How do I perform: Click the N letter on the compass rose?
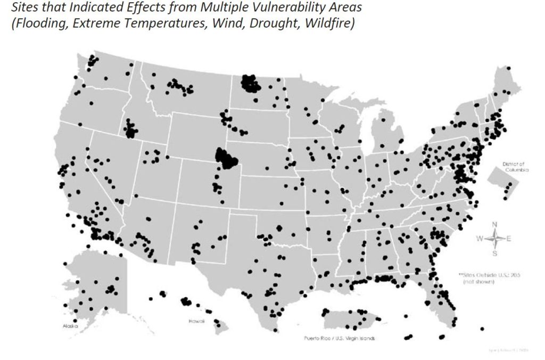click(x=494, y=224)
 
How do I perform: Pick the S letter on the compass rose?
click(x=494, y=253)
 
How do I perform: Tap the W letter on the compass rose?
click(x=480, y=239)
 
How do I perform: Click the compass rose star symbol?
click(x=494, y=239)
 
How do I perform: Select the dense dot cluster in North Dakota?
click(x=250, y=84)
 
